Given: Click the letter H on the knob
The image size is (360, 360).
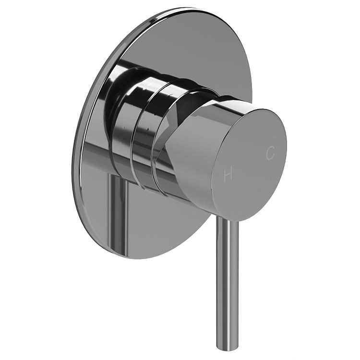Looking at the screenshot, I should point(228,176).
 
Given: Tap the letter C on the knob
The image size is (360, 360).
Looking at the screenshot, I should point(271,153).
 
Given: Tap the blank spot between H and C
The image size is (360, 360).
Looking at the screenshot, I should point(250,164).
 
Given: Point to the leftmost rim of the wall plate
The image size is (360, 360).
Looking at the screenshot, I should point(74,158).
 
